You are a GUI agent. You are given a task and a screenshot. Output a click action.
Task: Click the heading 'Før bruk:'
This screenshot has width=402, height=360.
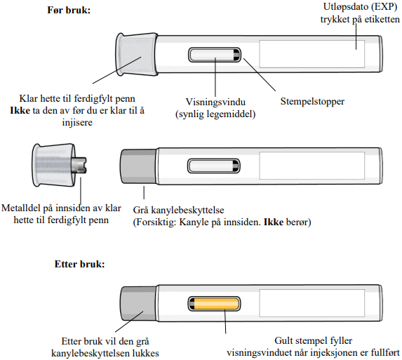click(69, 11)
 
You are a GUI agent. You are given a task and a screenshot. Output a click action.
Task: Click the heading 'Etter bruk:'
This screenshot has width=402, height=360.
click(80, 264)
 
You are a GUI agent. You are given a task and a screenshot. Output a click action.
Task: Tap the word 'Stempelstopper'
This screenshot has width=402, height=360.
click(312, 102)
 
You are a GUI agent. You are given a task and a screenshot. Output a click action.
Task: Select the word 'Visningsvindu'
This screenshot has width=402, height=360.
click(215, 102)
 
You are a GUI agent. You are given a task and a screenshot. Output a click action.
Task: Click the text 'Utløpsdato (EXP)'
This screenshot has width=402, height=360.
click(360, 7)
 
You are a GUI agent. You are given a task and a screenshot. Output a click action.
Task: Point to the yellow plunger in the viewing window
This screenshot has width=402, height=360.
click(216, 304)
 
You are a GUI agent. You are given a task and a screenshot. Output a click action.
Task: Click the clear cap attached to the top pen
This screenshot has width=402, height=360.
click(136, 54)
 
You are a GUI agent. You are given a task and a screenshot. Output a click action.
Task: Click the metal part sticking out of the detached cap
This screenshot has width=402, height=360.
click(80, 165)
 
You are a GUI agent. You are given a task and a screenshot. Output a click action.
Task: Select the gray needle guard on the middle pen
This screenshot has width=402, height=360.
click(139, 166)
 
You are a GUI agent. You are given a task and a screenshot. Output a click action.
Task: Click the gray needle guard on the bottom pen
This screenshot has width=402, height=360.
click(139, 304)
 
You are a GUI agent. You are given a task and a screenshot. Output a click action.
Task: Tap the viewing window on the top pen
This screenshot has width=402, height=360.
click(215, 55)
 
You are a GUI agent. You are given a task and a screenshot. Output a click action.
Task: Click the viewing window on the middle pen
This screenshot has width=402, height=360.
click(214, 166)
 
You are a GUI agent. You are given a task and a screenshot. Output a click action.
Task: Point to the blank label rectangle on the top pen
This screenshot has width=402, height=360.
click(312, 54)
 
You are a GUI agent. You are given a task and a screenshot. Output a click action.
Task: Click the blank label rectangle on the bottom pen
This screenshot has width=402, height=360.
click(312, 303)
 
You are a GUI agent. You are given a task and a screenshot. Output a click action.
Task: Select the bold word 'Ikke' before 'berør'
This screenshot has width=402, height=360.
click(274, 222)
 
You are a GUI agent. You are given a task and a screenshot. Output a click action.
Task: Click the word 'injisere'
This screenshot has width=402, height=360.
click(77, 122)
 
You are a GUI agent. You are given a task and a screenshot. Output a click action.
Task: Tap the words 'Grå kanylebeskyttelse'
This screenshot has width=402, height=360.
click(178, 211)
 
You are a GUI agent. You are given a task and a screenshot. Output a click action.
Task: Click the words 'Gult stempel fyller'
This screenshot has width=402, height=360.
click(314, 341)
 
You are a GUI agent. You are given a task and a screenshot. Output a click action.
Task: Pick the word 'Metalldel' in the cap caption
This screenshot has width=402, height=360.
click(21, 208)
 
